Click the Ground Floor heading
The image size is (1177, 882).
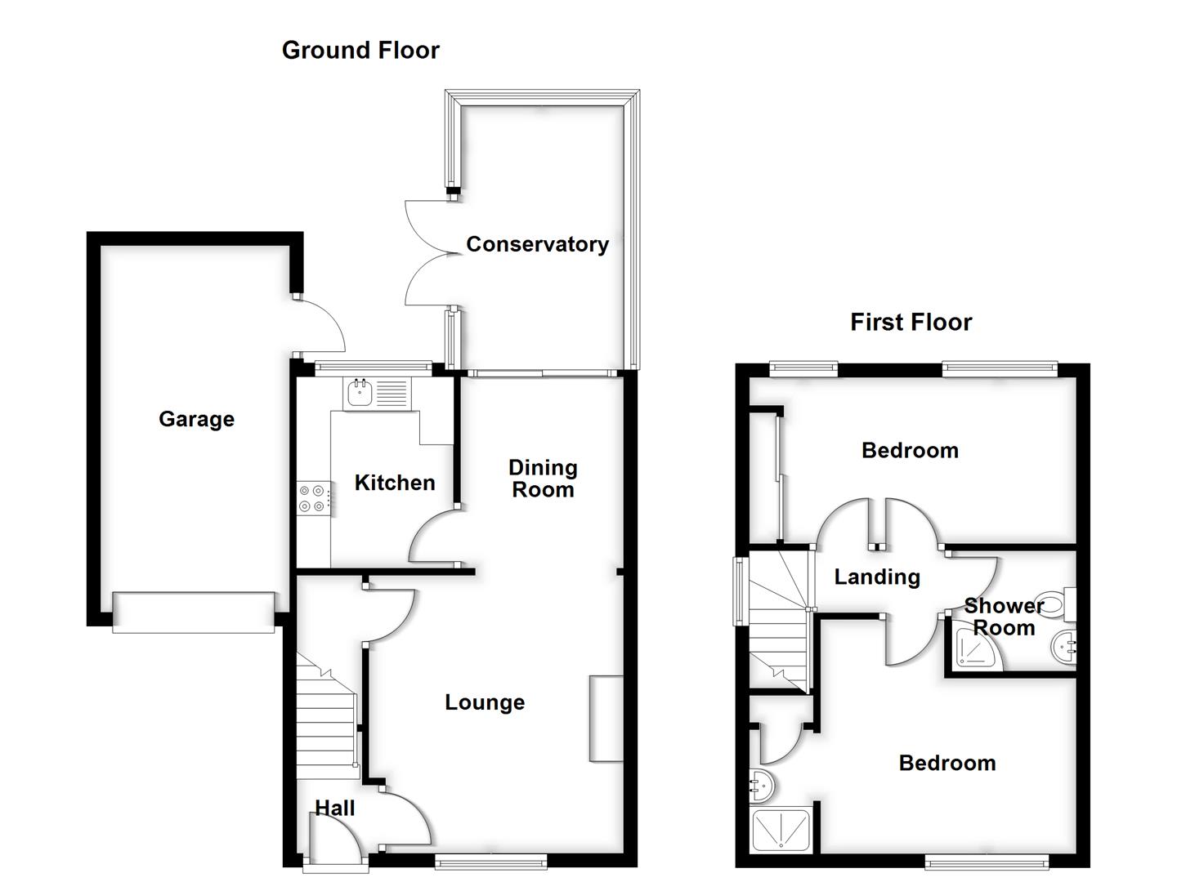point(360,51)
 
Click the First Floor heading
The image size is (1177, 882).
point(911,322)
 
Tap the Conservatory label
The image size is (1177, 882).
point(537,244)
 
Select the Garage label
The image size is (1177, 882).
point(196,419)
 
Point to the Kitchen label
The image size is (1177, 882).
point(394,483)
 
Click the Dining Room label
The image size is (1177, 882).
point(543,479)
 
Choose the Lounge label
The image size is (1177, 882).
point(485,702)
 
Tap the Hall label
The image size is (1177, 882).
point(335,808)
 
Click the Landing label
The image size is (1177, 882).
point(877,577)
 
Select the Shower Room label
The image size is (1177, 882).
point(1004,617)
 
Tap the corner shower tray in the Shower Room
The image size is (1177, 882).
point(973,650)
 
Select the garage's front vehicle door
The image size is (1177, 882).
point(194,612)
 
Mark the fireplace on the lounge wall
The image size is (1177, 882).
point(606,719)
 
